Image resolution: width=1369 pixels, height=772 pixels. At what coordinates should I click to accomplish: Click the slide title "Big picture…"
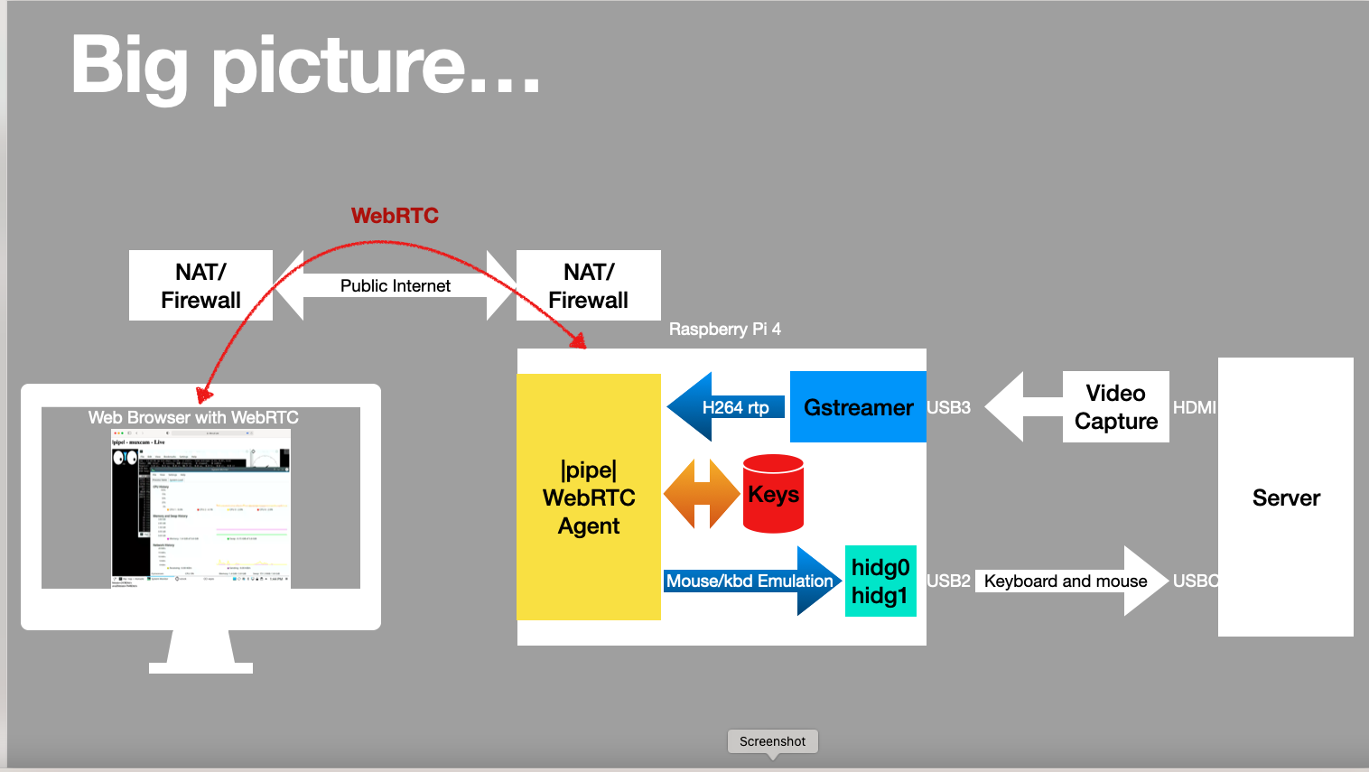coord(305,65)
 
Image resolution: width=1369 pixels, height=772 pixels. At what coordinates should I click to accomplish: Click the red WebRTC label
coord(395,216)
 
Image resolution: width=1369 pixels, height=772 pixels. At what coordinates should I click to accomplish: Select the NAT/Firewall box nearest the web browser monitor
coord(200,285)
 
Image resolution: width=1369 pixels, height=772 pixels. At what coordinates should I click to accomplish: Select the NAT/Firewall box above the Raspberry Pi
coord(589,285)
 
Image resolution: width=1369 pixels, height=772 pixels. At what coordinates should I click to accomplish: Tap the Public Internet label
coord(395,286)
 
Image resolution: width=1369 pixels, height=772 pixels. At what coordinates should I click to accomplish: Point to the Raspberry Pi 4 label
coord(724,330)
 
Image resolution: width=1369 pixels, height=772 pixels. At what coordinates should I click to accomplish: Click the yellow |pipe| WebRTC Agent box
coord(589,498)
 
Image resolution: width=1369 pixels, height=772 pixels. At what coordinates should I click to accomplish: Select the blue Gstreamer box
coord(858,407)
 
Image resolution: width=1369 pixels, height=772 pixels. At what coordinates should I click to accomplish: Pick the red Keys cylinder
coord(773,495)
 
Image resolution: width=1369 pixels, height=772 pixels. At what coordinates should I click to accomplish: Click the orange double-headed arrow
coord(701,494)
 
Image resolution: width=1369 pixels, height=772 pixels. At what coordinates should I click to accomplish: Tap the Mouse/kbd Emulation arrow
coord(750,581)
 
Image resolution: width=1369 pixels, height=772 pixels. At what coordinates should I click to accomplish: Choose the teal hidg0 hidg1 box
coord(880,581)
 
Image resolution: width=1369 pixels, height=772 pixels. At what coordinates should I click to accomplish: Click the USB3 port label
coord(948,407)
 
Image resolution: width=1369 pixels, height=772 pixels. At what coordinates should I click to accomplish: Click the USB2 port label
coord(948,581)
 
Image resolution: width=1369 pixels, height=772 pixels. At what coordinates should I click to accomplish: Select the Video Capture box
coord(1116,407)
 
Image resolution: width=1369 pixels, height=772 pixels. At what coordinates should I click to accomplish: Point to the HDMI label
coord(1194,407)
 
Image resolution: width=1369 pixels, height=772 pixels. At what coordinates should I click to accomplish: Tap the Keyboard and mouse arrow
coord(1066,581)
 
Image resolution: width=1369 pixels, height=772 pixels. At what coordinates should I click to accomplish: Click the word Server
coord(1286,498)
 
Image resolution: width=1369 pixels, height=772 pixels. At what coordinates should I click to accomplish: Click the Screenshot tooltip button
coord(772,741)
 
